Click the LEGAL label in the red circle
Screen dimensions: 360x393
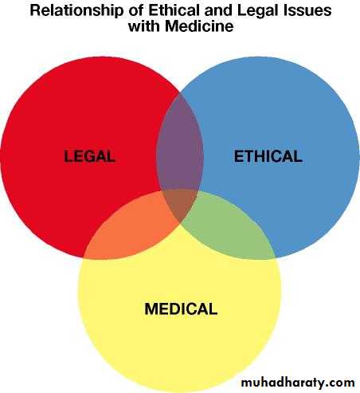pos(89,156)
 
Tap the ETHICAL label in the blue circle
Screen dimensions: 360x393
pos(268,156)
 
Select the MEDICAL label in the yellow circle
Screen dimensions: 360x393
pos(181,309)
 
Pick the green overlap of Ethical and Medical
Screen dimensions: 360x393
pos(229,230)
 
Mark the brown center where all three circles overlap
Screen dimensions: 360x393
pos(180,203)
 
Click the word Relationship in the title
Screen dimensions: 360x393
pos(77,11)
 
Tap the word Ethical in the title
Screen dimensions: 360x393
pos(174,10)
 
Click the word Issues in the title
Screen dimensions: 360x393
pos(308,10)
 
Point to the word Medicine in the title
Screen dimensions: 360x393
pos(199,26)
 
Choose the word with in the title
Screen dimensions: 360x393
pos(145,26)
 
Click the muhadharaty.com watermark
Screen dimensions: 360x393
pos(298,383)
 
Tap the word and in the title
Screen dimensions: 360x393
pos(218,10)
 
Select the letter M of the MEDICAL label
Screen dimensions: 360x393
pos(151,309)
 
